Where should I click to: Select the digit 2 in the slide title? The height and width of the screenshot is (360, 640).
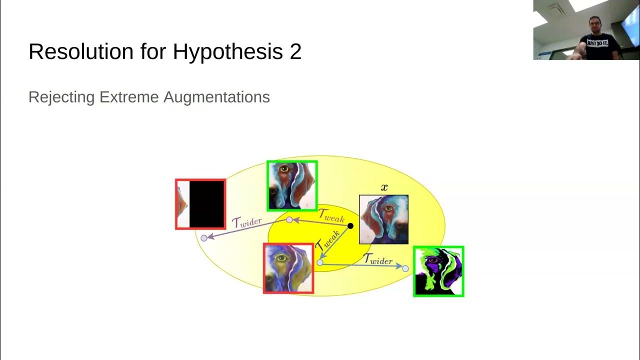pos(295,51)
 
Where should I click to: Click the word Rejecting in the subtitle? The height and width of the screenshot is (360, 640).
pos(61,97)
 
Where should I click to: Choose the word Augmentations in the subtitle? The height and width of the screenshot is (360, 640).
pos(216,97)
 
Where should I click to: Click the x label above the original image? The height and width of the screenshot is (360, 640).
pos(384,188)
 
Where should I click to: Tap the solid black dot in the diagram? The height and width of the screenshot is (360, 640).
pos(350,226)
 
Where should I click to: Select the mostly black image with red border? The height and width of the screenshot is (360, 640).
pos(200,204)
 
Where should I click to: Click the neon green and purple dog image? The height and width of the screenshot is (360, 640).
pos(438,271)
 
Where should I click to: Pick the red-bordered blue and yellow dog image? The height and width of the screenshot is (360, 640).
pos(288,268)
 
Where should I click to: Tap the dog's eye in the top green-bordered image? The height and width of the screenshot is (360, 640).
pos(284,169)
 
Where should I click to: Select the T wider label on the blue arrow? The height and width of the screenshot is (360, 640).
pos(377,259)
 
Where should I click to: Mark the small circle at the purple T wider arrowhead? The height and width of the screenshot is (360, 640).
pos(204,238)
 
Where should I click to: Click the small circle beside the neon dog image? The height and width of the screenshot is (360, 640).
pos(405,268)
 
